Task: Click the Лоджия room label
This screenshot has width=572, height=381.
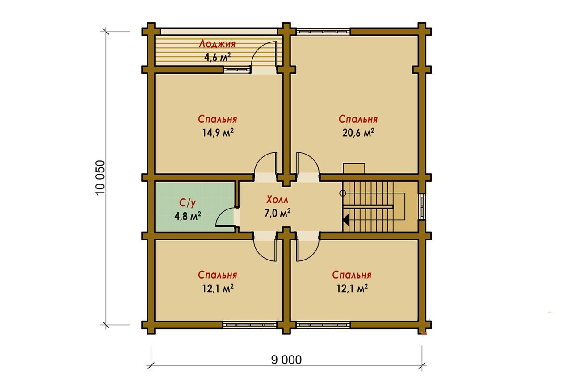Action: (217, 44)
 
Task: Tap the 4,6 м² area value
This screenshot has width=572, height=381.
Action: (217, 57)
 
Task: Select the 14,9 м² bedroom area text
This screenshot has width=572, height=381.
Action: (218, 133)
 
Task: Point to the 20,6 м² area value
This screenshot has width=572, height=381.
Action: (358, 133)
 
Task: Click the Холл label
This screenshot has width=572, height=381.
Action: (278, 200)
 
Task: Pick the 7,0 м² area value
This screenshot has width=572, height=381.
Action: (278, 213)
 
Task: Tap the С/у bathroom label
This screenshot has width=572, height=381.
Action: (188, 203)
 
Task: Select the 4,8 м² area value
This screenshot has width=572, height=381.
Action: (188, 216)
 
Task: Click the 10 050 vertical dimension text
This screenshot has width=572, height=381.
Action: (100, 178)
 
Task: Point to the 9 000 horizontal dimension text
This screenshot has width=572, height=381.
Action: (286, 360)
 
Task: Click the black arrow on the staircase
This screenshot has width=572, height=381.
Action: (346, 220)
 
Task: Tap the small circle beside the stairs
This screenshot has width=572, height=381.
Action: (343, 193)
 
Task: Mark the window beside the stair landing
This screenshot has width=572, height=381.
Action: (422, 207)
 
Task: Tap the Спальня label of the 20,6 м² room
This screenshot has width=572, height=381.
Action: (358, 119)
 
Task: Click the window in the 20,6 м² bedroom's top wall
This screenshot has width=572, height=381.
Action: (323, 32)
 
